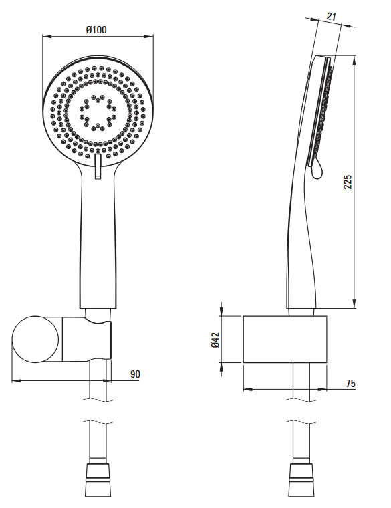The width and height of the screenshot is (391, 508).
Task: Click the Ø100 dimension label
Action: [96, 30]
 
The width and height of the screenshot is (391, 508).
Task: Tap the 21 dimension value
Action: [331, 17]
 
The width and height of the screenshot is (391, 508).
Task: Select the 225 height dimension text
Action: [348, 182]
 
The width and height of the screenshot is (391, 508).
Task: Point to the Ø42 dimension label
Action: [215, 340]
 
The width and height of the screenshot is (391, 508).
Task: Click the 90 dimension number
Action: [135, 374]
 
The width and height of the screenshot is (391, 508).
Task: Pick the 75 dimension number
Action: [350, 383]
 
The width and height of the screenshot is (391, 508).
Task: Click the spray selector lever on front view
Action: [98, 166]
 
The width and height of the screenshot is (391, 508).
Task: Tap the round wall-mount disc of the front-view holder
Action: [35, 339]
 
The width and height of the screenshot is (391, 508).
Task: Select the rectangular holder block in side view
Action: [285, 339]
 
